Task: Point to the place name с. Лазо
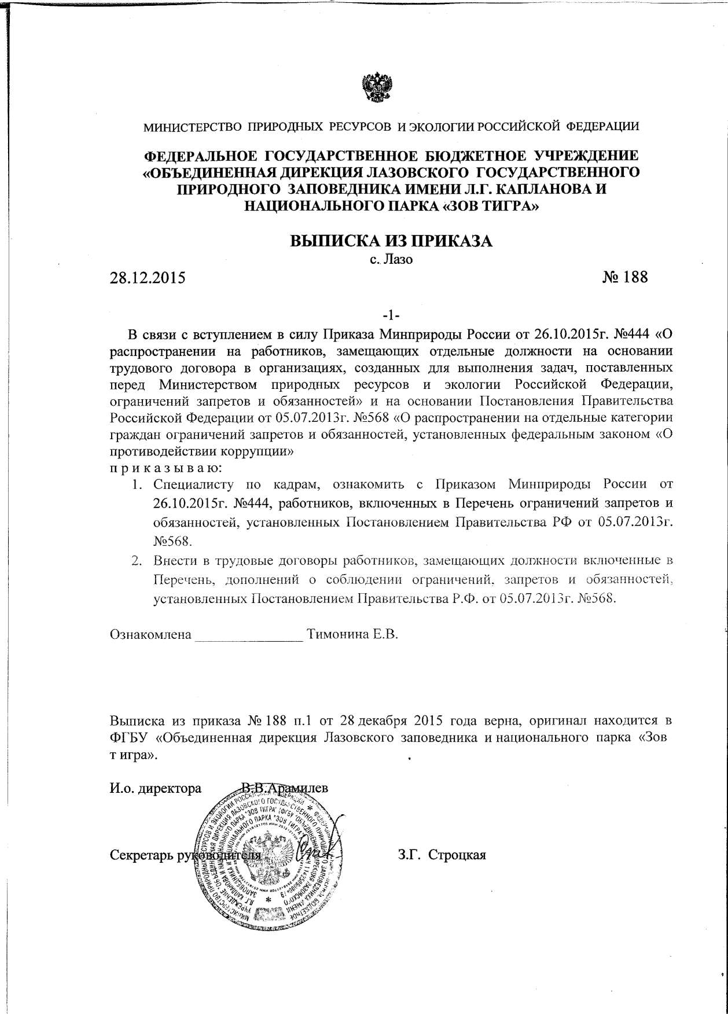tap(391, 259)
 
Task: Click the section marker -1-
tap(391, 315)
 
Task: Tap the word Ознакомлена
tap(150, 634)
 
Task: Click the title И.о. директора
tap(156, 789)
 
